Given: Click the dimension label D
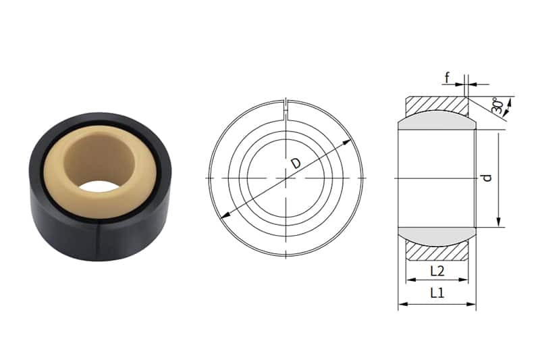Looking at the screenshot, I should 295,163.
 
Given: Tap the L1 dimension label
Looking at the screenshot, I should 437,294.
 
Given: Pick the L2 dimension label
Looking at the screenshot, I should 437,271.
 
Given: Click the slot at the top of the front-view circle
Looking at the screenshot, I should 287,106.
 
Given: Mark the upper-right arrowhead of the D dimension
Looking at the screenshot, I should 350,142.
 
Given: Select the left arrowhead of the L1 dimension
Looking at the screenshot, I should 401,305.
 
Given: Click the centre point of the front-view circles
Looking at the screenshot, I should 286,178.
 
